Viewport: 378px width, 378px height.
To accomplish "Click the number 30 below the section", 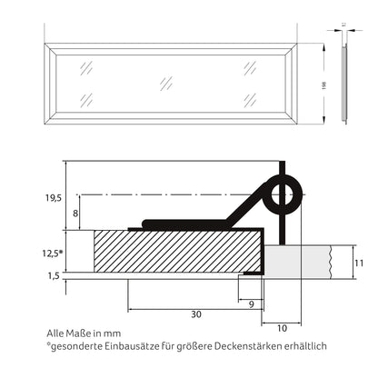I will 196,314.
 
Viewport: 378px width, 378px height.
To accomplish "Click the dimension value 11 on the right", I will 360,262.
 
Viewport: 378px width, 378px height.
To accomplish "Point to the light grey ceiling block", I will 305,261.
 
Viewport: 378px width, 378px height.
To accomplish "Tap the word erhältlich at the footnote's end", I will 302,345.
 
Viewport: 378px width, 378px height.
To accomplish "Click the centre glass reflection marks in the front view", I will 166,82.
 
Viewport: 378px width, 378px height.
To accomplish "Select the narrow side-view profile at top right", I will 343,82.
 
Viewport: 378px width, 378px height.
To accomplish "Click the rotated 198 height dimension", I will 323,83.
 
